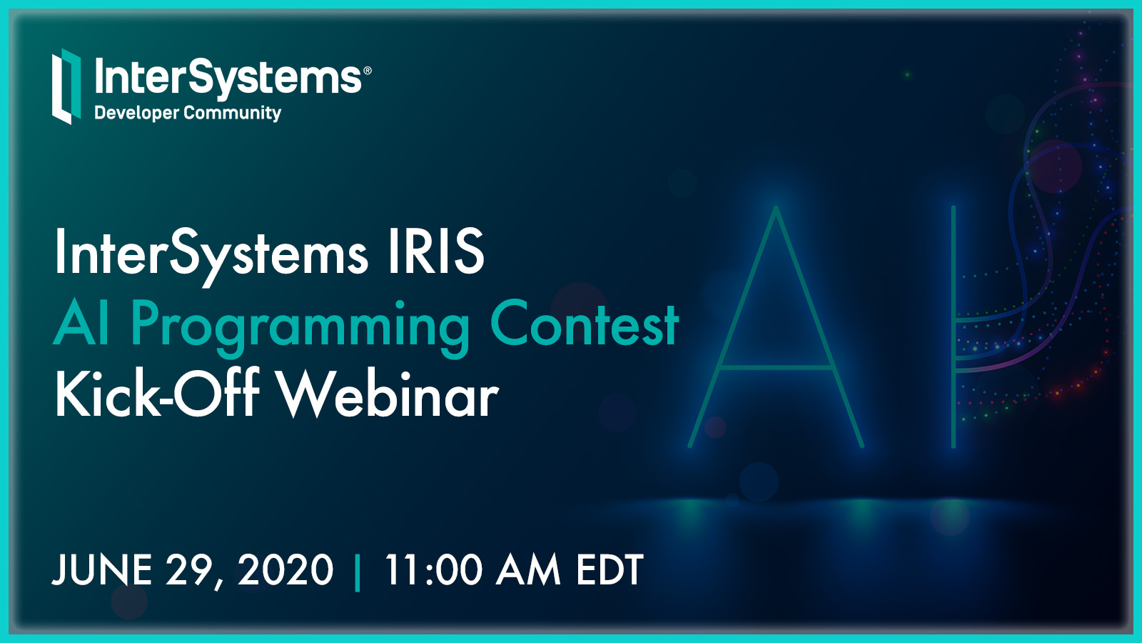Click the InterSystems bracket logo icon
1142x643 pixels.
[66, 86]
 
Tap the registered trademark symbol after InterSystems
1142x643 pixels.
[367, 71]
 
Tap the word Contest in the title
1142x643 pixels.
[585, 322]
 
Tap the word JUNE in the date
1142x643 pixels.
[101, 569]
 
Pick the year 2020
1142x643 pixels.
[285, 569]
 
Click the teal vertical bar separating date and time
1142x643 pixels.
[357, 572]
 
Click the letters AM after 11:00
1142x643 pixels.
[528, 569]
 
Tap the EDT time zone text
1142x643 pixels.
[610, 569]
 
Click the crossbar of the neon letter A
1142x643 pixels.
[775, 367]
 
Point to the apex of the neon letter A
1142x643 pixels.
[776, 207]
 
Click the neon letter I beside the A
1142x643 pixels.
[954, 327]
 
